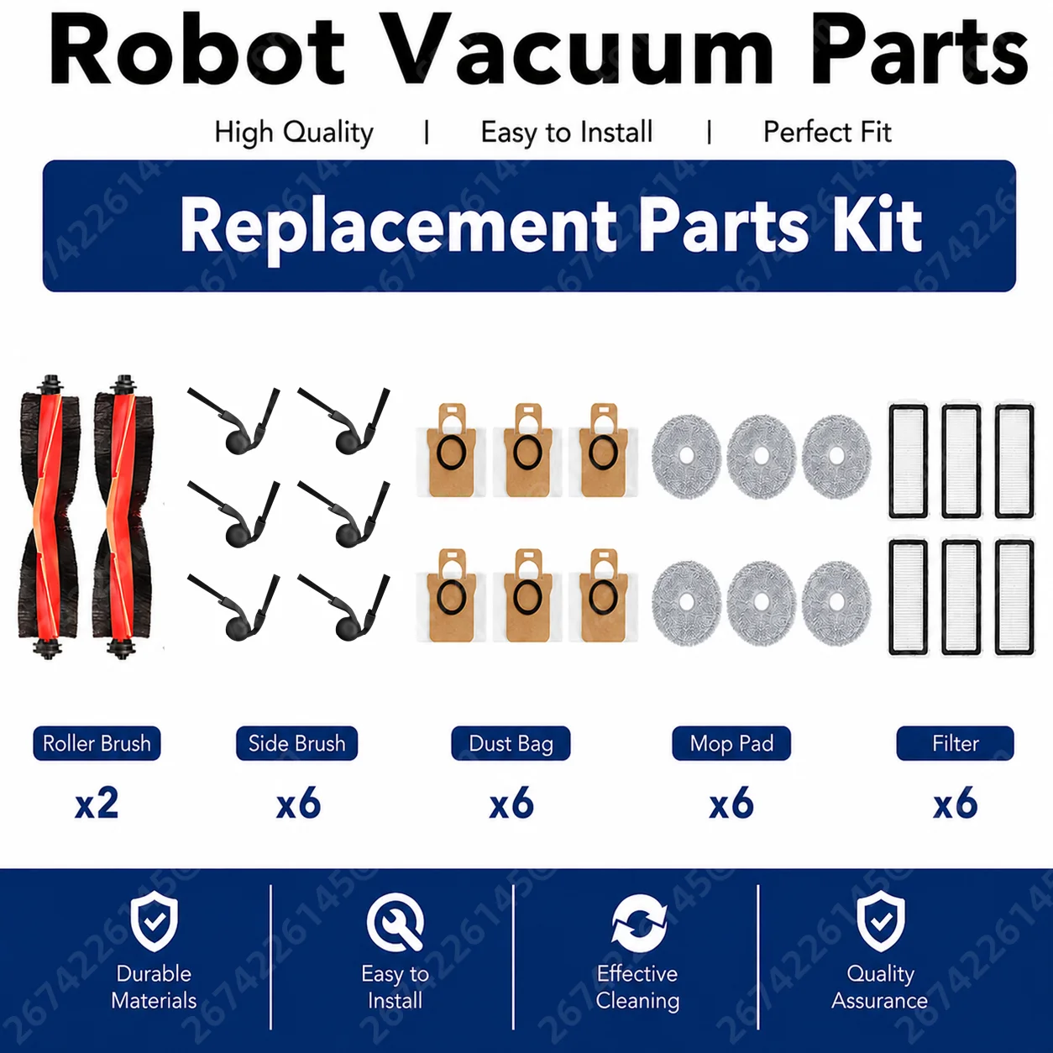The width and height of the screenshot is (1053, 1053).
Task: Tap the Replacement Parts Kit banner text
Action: pos(551,226)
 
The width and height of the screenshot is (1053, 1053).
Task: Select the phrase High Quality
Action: pos(293,133)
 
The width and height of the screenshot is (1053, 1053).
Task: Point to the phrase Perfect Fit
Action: pos(827,132)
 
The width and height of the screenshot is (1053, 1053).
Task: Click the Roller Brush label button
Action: pos(97,743)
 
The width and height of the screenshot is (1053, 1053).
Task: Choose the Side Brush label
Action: pos(296,743)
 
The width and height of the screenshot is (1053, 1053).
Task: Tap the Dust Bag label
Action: pos(511,743)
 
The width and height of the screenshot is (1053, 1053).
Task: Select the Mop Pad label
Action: pos(731,743)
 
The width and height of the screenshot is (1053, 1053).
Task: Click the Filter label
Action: pos(956,743)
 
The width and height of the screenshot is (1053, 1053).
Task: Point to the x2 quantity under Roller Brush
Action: pos(97,804)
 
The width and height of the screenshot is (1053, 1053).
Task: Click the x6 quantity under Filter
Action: pos(956,804)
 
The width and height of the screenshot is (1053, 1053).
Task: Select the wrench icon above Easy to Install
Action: pos(395,922)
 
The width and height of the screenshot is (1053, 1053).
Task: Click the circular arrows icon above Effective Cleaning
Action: pos(638,922)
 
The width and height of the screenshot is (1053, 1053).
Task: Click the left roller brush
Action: pos(50,517)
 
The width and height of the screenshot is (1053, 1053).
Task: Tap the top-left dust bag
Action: pos(452,450)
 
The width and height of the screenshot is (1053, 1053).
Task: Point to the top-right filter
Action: pos(1014,462)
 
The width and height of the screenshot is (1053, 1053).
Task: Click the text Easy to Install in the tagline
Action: pos(567,133)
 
